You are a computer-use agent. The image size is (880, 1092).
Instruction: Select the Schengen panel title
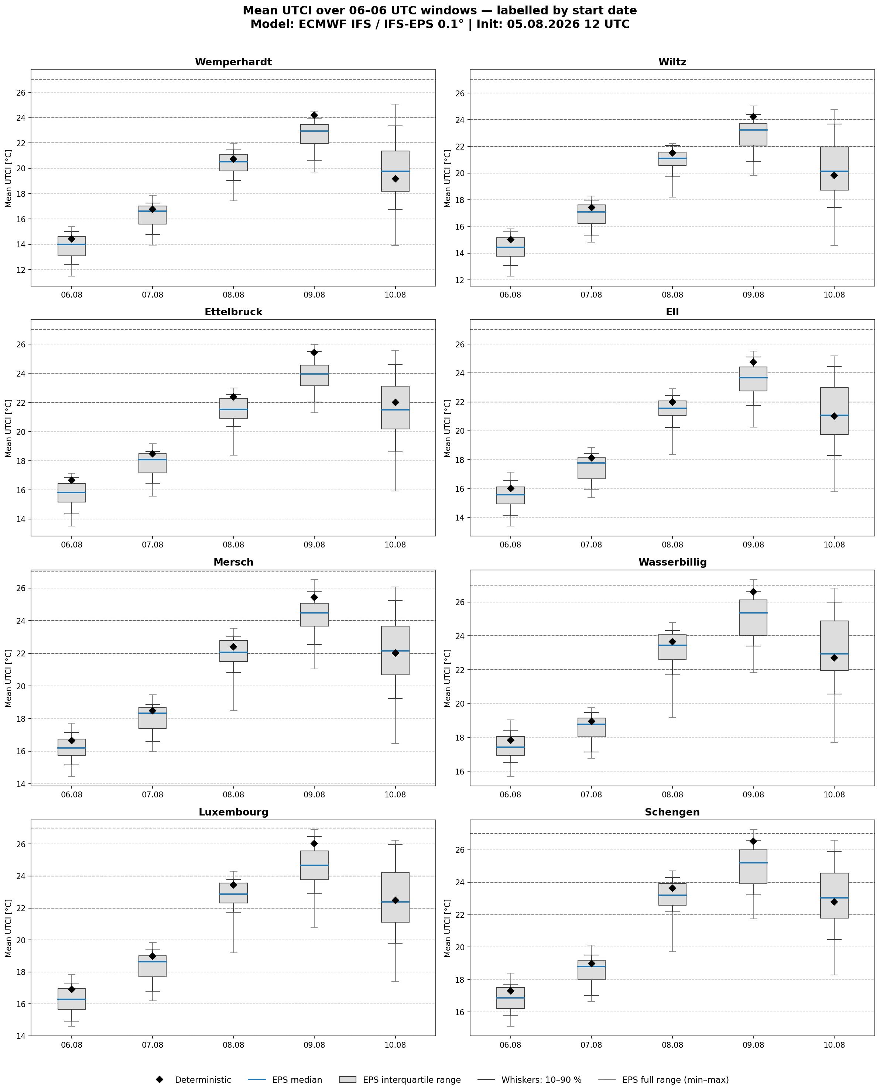[x=672, y=812]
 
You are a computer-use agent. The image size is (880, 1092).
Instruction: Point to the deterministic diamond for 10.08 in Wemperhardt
[x=396, y=179]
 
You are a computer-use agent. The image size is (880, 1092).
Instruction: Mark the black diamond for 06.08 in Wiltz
[x=510, y=239]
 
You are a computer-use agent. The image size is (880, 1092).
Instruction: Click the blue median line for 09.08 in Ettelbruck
[x=314, y=374]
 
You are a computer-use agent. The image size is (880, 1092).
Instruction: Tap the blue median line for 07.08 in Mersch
[x=153, y=713]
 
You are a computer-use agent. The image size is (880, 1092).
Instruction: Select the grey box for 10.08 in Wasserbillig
[x=834, y=646]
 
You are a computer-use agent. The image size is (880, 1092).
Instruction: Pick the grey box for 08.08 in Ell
[x=672, y=408]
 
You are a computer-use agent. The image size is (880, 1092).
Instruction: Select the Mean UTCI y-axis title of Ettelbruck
[x=8, y=428]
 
